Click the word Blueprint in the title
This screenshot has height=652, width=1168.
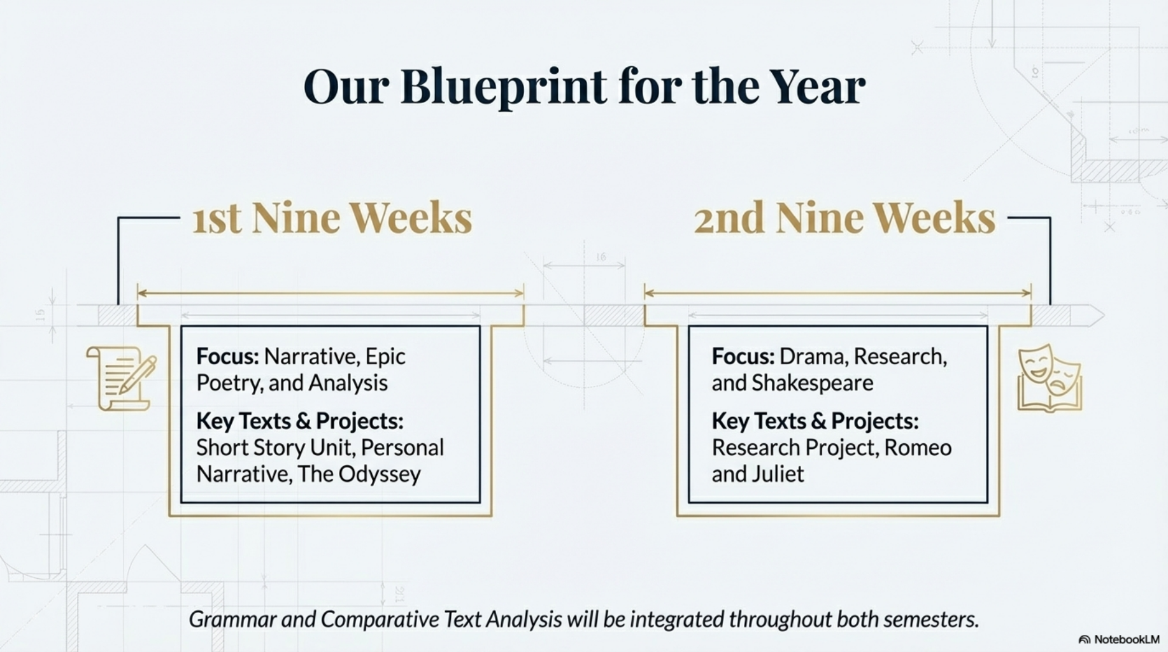(504, 87)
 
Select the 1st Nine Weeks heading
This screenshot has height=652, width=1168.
(332, 218)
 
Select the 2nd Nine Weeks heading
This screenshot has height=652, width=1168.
(844, 218)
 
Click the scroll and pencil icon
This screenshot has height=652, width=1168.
(121, 378)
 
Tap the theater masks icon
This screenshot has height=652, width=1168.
(1050, 378)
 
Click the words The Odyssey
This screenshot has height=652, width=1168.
(359, 474)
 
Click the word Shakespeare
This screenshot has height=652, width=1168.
(813, 383)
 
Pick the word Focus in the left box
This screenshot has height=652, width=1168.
(227, 357)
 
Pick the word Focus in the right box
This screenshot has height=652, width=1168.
(743, 357)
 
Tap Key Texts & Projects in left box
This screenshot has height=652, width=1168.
(299, 421)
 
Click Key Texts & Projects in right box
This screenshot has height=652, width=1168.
(815, 421)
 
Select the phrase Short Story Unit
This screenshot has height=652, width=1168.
(275, 448)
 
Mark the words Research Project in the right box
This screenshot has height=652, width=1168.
(795, 448)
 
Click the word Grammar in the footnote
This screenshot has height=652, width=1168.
(232, 620)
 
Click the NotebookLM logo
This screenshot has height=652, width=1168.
(1119, 639)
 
